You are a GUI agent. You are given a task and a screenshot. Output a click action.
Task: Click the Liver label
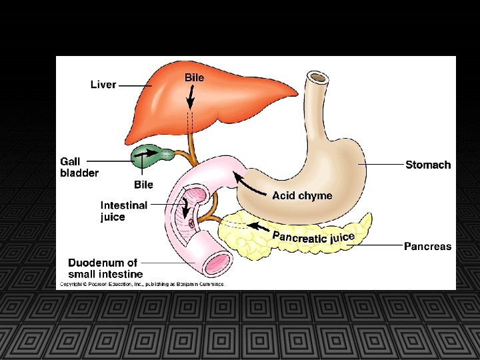(x=103, y=85)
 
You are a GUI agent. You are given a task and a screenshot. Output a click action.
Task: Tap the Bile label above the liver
(x=194, y=77)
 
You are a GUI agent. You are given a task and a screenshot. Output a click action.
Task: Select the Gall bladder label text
(x=79, y=167)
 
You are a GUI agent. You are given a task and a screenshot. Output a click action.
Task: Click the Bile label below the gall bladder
(x=143, y=184)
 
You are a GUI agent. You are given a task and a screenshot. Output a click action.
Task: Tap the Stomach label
(x=428, y=165)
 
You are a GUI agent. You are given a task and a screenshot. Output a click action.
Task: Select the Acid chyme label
(x=301, y=195)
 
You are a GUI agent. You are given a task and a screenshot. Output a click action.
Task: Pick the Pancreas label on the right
(x=427, y=246)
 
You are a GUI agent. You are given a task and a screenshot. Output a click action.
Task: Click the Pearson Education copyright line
(x=143, y=284)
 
